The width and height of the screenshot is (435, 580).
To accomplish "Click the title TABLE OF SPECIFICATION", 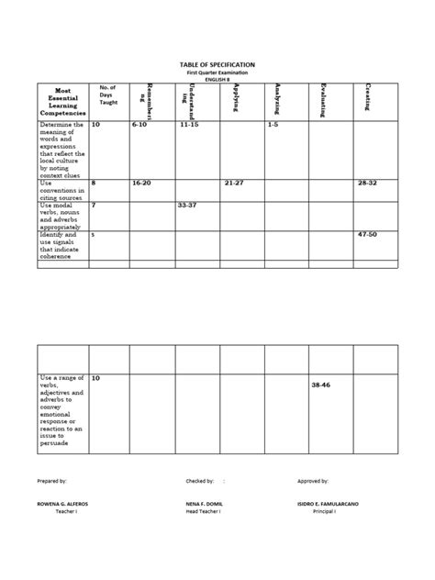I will pos(217,64).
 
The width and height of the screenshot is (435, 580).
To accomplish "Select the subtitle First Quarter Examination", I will pos(217,72).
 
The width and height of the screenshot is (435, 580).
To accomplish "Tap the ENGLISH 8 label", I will pos(217,80).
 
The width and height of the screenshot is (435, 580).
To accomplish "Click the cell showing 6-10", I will pos(139,124).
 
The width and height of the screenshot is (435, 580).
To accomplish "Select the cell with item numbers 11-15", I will pos(190,124).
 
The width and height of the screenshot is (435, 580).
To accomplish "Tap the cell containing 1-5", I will pos(273,124).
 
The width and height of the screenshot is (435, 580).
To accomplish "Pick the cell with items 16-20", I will pos(141,183).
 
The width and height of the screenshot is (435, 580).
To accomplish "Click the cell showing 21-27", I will pos(235,183).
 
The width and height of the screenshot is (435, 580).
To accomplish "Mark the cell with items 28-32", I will pos(367,183).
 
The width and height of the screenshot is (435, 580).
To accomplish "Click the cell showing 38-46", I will pos(321,385).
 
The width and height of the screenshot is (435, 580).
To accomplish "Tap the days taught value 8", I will pos(94,183).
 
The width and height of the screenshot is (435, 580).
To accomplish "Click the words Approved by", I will pos(312,480).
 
